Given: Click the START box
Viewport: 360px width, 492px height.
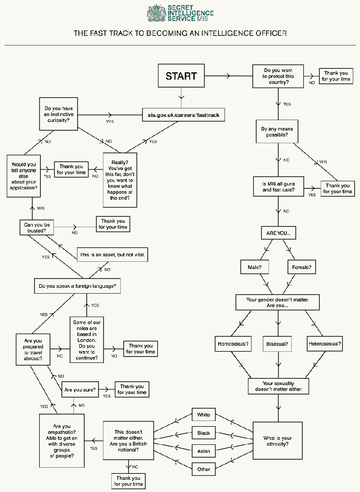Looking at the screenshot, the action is coord(181,76).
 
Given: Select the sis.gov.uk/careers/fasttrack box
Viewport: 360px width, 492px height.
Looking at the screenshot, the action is coord(183,115).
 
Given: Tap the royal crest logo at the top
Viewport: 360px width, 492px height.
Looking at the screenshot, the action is coord(157,13).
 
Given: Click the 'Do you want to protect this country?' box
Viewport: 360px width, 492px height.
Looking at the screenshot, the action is coord(278,76).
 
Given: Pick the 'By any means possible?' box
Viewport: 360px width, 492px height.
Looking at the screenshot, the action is coord(277,131).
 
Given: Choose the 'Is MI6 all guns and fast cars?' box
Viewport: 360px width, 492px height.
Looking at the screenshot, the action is coord(279,187).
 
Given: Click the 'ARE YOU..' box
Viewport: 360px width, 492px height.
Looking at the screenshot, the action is coord(279,233).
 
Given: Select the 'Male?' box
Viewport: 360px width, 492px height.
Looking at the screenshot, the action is coord(255,267).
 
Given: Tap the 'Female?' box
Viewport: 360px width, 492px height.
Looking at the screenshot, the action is coord(301,267).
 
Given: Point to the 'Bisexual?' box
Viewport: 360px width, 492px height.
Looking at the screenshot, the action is coord(277,344).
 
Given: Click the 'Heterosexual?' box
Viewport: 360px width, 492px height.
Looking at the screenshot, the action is coord(324,344).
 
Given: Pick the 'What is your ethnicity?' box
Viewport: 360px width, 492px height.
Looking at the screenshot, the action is coord(278,441).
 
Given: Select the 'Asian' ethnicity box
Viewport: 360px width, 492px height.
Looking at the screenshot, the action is coord(204,451).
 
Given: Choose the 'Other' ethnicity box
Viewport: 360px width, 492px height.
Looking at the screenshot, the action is coord(204,469).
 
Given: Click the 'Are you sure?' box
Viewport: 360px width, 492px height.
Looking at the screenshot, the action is coord(80,389).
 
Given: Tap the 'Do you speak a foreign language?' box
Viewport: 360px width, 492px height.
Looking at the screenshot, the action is coord(77,286).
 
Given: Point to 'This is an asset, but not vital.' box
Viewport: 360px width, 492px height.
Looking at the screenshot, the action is coord(112,255).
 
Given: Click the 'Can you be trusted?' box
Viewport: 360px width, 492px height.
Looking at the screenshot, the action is coord(37,228).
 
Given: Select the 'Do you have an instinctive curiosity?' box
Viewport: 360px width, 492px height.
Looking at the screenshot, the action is coord(58,114).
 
